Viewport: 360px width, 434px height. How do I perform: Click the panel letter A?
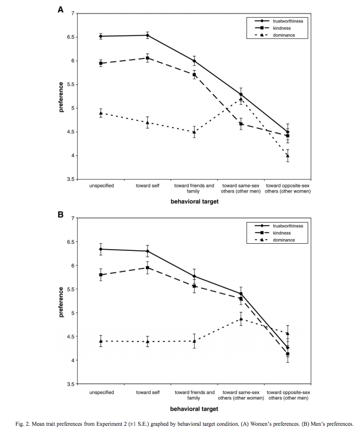coord(60,9)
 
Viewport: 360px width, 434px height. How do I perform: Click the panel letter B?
coord(60,215)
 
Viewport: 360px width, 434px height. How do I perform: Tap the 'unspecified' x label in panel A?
coord(101,185)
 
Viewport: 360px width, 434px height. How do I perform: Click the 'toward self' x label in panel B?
coord(147,390)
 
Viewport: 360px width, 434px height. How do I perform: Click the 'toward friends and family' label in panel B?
coord(194,393)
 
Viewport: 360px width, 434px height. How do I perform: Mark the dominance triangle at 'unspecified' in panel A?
coord(101,113)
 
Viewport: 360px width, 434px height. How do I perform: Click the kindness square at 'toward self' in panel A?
coord(147,58)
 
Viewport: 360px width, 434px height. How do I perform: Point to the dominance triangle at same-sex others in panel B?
coord(241,319)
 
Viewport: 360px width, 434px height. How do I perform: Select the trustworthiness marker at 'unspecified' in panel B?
coord(101,249)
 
